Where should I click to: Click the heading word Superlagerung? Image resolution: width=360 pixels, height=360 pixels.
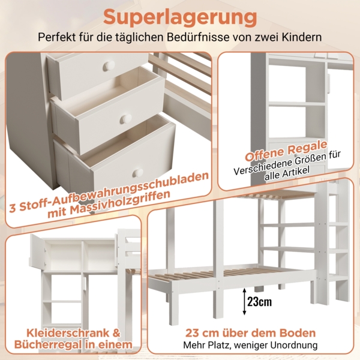point(180,16)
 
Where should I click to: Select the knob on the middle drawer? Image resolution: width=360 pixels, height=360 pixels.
point(126,119)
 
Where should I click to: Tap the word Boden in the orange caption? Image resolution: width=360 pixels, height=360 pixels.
point(294,333)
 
